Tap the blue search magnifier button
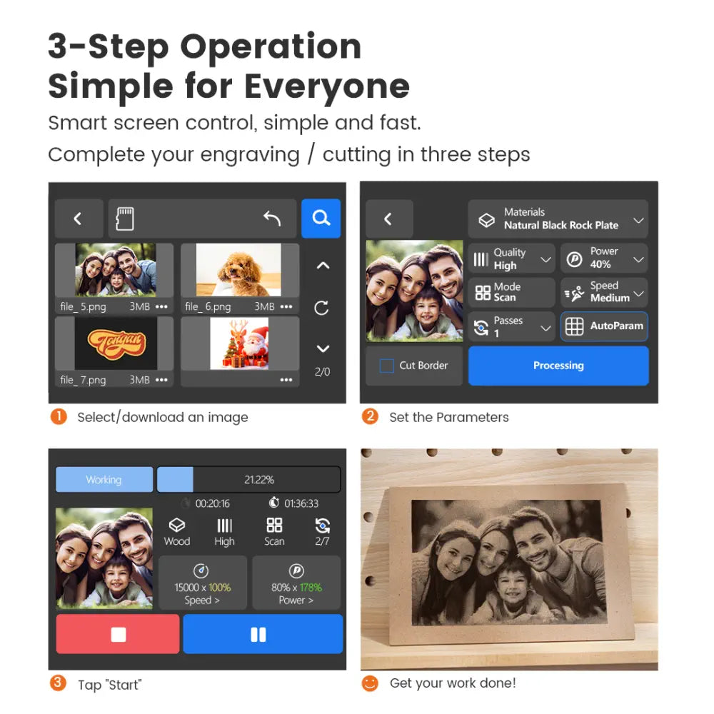pos(321,218)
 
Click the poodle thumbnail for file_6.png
pos(238,270)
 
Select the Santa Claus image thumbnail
pos(239,343)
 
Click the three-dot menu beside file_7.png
pos(161,380)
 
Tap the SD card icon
pos(125,218)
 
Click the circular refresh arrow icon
pos(321,308)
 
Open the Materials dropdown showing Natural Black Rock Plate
pos(558,219)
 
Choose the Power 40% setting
pos(604,258)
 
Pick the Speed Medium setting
pos(604,292)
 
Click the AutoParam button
pos(604,326)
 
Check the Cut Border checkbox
pos(386,366)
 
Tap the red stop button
pos(118,634)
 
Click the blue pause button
pos(262,634)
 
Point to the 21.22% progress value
pos(259,480)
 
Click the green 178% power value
pos(311,588)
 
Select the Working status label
pos(104,480)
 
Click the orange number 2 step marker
pos(370,416)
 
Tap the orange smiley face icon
pos(370,683)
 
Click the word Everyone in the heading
pos(327,87)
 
